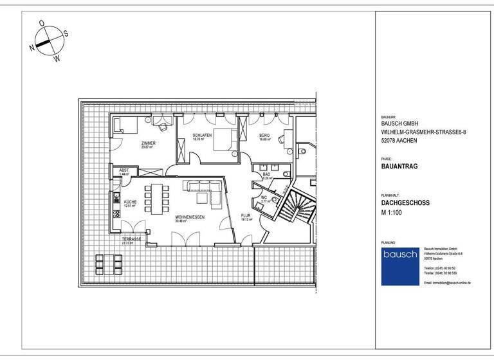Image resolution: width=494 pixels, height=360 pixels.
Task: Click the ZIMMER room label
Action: point(149,143)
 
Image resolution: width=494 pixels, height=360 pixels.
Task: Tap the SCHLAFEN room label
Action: point(202,136)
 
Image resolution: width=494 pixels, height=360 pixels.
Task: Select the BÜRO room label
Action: point(264,136)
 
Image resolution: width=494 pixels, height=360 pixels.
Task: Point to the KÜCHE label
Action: point(129,202)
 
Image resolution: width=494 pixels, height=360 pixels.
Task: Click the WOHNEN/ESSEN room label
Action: point(190,217)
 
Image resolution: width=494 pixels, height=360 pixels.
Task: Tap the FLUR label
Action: point(245,215)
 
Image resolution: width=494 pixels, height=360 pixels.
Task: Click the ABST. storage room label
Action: point(124,170)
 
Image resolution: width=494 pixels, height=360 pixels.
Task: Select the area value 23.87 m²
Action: point(149,147)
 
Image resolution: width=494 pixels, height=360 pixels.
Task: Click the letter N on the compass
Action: point(32,48)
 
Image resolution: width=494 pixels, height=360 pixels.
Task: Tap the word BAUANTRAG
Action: point(399,165)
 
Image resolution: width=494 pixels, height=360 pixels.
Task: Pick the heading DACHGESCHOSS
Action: point(405,203)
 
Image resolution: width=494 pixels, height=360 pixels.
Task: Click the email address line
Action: point(448,282)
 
